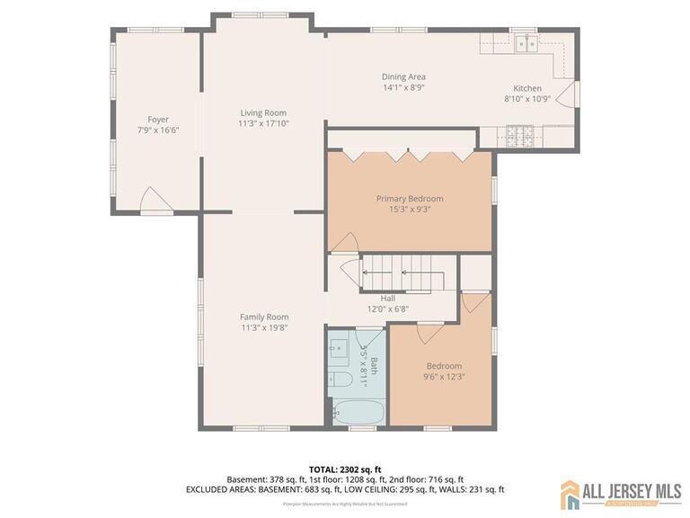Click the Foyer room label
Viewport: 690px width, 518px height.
[x=158, y=120]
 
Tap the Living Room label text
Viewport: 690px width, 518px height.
[x=262, y=112]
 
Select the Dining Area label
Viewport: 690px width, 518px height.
[x=403, y=76]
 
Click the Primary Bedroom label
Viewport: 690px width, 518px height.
[x=409, y=199]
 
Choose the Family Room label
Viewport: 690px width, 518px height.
[x=263, y=317]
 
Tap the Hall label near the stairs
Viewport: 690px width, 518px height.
[x=387, y=299]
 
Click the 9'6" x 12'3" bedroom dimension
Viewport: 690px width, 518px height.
[x=444, y=378]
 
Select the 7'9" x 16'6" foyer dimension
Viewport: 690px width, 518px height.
[x=158, y=130]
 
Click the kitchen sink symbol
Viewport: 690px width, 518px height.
[x=525, y=42]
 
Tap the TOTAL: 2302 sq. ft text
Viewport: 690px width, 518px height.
[x=344, y=469]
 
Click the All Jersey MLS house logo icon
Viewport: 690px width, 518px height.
[x=571, y=493]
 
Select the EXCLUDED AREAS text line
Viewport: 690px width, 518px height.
[x=344, y=490]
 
